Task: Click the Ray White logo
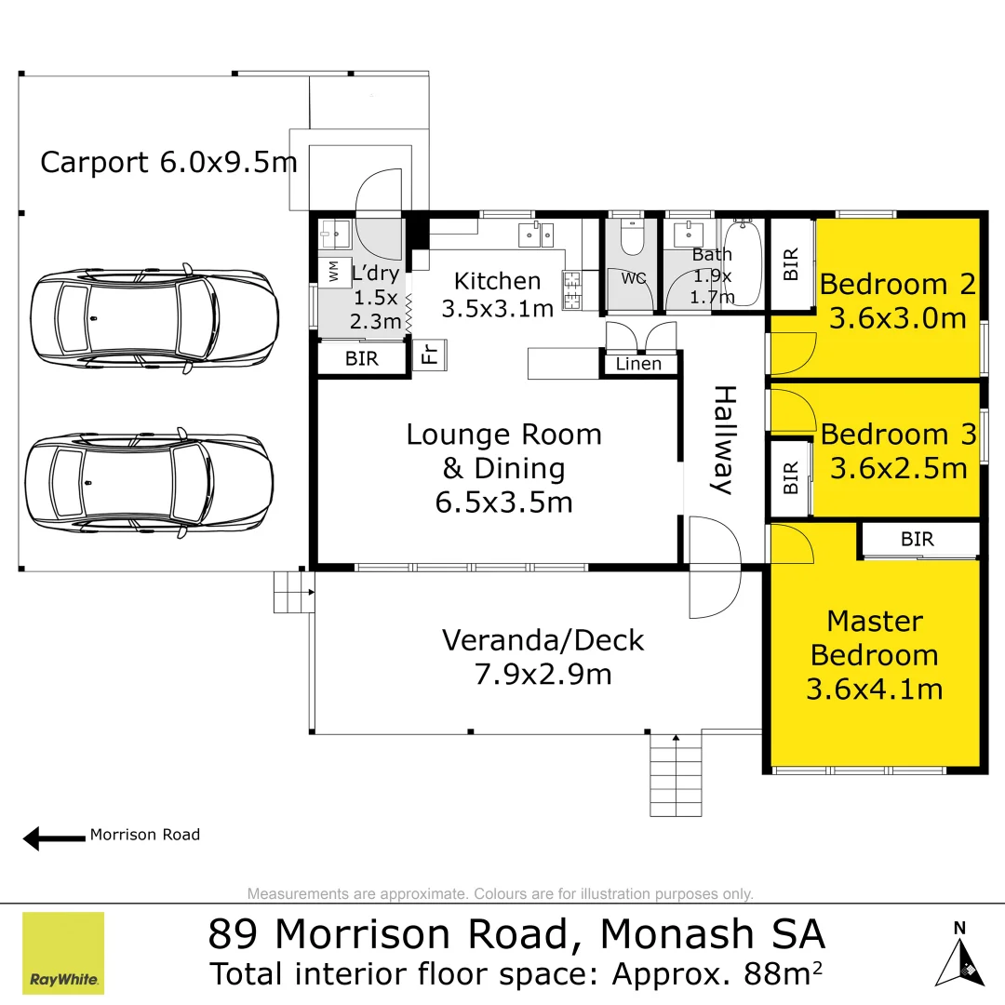[63, 953]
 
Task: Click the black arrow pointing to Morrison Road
[54, 838]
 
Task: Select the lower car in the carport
[149, 483]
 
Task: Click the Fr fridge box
[430, 355]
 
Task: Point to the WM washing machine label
[333, 271]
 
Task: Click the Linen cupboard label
[638, 364]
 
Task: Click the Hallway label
[724, 440]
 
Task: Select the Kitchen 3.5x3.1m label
[497, 294]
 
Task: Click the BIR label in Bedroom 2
[791, 264]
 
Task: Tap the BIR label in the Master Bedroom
[917, 539]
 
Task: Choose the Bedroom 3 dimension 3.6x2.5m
[898, 468]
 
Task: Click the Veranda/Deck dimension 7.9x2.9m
[543, 673]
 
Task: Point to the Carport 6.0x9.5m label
[168, 163]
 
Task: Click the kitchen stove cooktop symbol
[571, 288]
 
